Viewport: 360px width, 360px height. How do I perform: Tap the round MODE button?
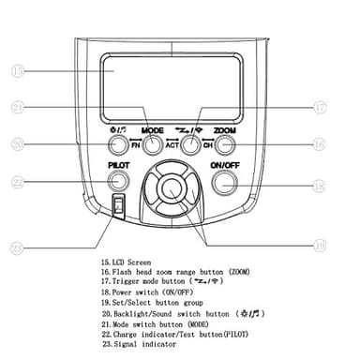point(153,145)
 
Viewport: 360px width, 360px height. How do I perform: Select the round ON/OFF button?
point(224,181)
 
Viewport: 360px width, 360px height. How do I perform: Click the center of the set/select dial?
point(171,186)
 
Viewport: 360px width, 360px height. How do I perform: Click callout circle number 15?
point(18,70)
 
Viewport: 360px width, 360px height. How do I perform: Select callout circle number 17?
point(320,107)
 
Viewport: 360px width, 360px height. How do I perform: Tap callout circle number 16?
point(320,145)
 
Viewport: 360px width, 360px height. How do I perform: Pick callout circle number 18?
point(320,187)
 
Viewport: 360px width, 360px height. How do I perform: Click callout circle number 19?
point(320,246)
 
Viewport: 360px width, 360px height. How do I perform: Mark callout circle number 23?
point(18,247)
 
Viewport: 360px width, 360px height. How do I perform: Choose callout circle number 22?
point(18,181)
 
